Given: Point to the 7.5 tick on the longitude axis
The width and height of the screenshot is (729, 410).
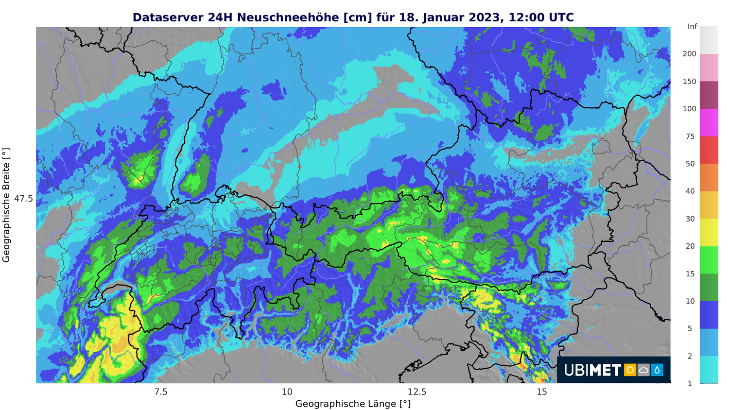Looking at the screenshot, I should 160,392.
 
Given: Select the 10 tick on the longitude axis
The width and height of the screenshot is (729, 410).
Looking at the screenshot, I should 287,392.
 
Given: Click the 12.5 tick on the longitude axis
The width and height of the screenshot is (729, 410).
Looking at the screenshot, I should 417,392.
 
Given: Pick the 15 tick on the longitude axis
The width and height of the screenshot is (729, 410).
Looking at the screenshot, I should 542,392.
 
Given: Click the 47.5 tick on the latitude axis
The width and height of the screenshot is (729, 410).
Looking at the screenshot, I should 23,199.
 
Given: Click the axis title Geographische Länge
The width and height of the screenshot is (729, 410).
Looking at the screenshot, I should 353,404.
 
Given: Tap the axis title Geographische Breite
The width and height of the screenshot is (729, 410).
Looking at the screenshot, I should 6,205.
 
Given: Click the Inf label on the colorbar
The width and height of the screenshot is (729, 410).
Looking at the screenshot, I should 692,27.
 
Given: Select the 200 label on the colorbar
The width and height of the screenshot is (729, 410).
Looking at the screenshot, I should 689,54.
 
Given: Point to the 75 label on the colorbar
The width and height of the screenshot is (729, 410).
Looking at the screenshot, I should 690,137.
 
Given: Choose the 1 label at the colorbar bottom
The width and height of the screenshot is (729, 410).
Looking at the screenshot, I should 690,383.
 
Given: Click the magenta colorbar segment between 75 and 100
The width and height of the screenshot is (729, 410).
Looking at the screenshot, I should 709,122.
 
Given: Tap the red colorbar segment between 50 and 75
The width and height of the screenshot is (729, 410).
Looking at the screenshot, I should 709,150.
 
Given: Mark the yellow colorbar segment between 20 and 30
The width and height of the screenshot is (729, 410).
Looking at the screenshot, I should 709,232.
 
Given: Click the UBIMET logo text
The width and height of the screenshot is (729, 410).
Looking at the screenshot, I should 592,370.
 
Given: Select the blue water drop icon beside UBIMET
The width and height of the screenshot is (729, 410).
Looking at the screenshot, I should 657,370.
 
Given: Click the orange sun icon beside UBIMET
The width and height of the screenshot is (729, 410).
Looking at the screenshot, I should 630,370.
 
